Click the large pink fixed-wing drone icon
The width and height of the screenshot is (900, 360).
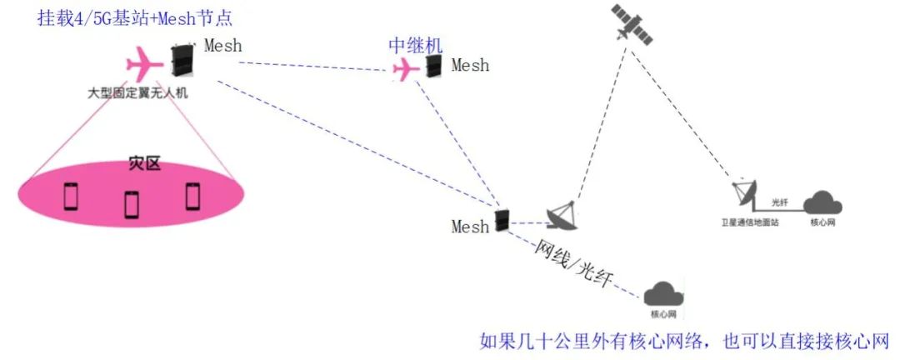(x=143, y=62)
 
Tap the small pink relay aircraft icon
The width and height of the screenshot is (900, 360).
(x=406, y=70)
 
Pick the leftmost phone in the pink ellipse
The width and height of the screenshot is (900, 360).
(x=71, y=197)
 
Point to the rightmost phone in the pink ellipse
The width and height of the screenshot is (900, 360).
(x=193, y=196)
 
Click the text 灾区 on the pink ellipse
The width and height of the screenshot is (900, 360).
(x=143, y=164)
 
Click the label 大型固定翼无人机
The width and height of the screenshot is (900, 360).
(x=138, y=92)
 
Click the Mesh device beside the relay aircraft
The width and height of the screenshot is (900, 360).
(x=433, y=66)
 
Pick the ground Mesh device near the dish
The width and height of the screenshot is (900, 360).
(x=502, y=220)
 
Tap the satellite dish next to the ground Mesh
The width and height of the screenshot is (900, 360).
(x=564, y=214)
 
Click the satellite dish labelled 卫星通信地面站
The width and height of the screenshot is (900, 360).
(x=743, y=194)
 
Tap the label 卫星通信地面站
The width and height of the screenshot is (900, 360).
(x=750, y=223)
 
